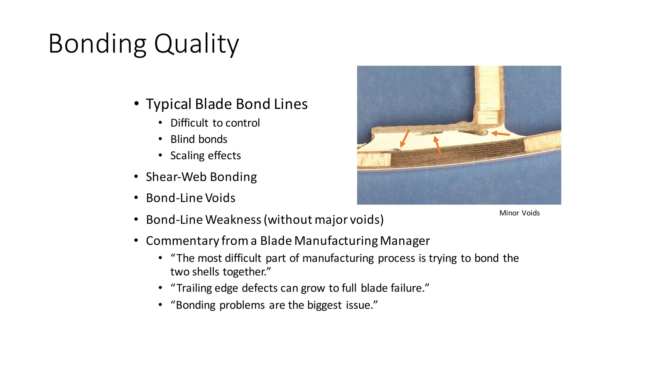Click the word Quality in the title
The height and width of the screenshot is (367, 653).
[x=196, y=44]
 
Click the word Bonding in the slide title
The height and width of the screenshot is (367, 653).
[x=97, y=44]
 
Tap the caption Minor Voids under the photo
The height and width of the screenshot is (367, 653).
[x=519, y=213]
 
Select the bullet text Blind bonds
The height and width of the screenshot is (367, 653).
[x=199, y=139]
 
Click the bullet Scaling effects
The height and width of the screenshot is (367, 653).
[x=205, y=155]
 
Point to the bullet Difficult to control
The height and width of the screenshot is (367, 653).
[x=215, y=123]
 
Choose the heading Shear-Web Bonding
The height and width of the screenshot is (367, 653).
[x=201, y=177]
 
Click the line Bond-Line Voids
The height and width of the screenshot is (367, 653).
[x=190, y=198]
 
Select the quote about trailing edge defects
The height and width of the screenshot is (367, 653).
[x=300, y=288]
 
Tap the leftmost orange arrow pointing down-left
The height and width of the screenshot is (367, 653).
[x=405, y=138]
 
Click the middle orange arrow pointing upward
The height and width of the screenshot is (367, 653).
[x=437, y=145]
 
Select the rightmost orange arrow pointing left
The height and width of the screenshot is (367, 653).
[x=500, y=134]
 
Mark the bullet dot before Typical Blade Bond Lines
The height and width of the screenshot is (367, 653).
[x=136, y=104]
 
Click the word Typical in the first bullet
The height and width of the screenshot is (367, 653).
[x=169, y=104]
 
